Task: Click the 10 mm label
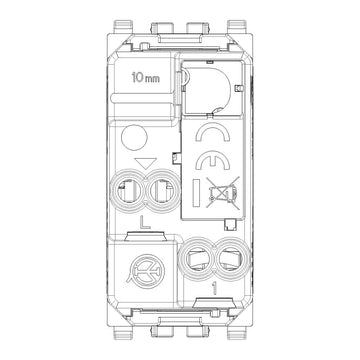click(146, 78)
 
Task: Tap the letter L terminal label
click(144, 222)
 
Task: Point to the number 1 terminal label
click(214, 289)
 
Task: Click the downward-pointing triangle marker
click(146, 163)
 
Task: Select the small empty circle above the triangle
click(134, 137)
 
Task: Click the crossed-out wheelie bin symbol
click(223, 193)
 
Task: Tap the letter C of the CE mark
click(213, 131)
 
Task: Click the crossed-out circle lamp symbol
click(146, 270)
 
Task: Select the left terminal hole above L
click(127, 192)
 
